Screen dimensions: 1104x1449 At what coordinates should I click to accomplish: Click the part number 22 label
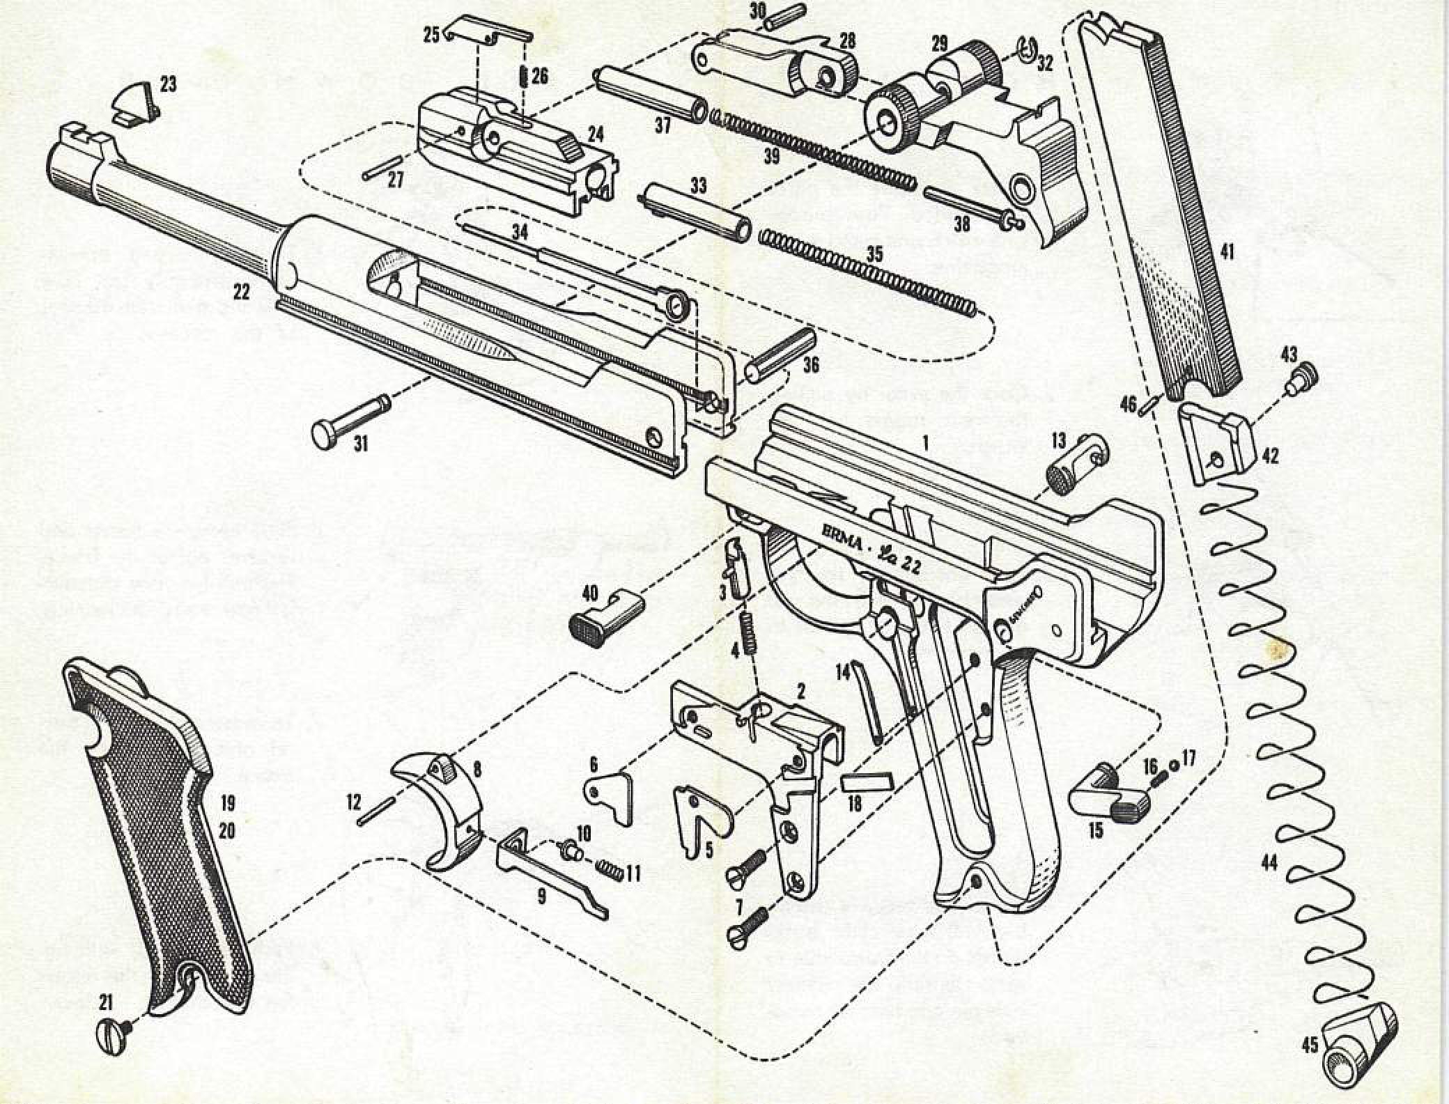coord(241,292)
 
